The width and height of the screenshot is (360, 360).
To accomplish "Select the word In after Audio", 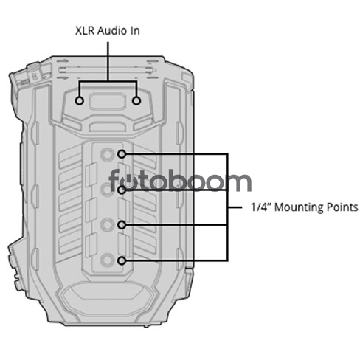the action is pos(134,31).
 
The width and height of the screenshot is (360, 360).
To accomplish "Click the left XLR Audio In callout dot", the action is pos(79,100).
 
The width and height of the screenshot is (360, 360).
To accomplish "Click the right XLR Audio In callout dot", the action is pos(136,100).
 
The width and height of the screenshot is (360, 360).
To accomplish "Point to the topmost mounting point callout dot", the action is pos(122,154).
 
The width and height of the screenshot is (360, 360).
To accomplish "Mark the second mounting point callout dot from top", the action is pos(122,190).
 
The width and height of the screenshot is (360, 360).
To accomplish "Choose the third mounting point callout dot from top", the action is pos(122,225).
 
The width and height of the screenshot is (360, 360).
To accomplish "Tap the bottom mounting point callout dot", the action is pos(122,260).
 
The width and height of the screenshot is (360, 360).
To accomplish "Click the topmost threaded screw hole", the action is pos(107,154).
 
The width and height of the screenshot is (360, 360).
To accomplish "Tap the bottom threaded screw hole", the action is pos(107,260).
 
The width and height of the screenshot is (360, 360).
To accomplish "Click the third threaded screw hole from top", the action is pos(107,224).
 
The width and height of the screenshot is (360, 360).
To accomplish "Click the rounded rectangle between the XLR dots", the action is pos(108,101).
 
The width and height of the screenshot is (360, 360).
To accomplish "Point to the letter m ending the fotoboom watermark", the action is pos(238,182).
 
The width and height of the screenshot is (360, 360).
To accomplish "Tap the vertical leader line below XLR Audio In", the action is pos(108,61).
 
